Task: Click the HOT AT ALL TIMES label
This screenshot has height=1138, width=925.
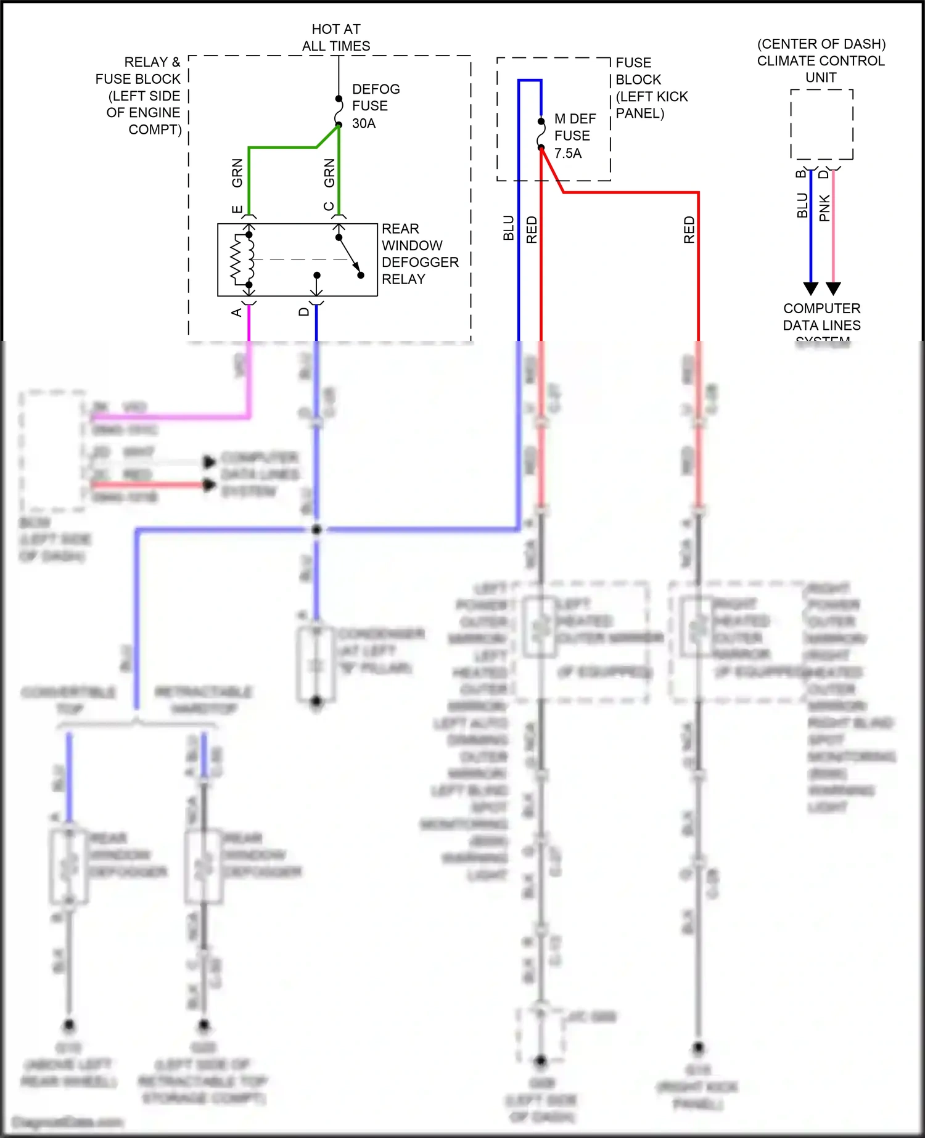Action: [336, 38]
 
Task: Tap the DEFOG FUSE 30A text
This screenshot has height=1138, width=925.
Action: [375, 106]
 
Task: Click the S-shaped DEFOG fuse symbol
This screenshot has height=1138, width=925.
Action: [339, 112]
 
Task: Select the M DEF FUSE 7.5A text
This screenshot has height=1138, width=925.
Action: [575, 136]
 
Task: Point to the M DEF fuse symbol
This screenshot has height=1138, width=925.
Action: [541, 134]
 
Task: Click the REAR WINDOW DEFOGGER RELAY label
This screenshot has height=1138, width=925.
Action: [419, 254]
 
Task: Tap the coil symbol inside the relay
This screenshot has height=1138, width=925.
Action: [250, 259]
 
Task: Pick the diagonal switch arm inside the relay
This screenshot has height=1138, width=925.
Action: [350, 255]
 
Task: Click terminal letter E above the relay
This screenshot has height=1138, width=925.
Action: [237, 209]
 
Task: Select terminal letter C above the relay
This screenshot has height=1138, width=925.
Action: [328, 207]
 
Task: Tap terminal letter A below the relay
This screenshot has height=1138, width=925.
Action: [237, 313]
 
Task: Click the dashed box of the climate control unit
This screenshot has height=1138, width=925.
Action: [821, 125]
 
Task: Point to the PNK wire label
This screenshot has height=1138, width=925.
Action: [824, 208]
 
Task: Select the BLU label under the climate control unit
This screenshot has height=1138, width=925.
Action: [802, 205]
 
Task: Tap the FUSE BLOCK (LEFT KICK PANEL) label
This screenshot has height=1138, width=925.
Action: [651, 88]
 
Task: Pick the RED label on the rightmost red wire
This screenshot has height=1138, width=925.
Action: [689, 229]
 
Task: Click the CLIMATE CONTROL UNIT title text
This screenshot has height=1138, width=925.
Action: [821, 60]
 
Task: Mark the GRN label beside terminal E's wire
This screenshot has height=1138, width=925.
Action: [237, 173]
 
